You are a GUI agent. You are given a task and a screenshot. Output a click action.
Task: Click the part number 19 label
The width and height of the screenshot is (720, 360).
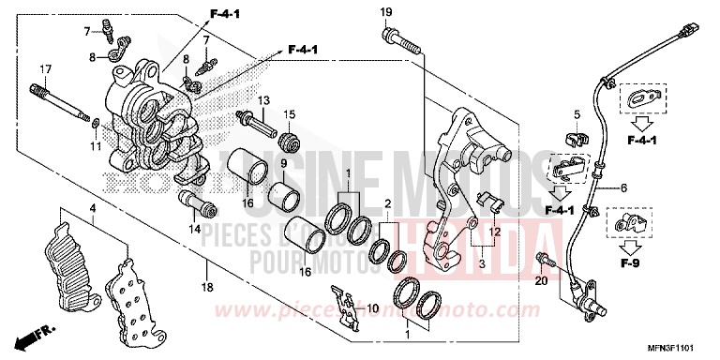click(x=385, y=11)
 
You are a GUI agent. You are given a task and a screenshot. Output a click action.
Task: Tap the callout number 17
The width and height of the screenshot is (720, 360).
click(x=44, y=69)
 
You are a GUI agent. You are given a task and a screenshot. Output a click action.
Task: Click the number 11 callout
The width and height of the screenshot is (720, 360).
click(x=94, y=145)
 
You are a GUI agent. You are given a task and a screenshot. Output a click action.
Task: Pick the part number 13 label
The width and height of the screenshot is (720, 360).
click(x=264, y=100)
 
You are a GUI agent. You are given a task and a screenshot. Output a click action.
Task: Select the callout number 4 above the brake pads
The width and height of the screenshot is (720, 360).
click(x=93, y=207)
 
